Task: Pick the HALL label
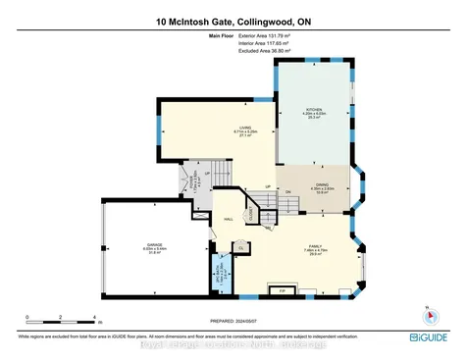pos(229,220)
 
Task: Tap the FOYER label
pos(194,180)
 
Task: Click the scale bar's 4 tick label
pos(93,318)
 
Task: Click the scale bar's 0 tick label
pos(27,318)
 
